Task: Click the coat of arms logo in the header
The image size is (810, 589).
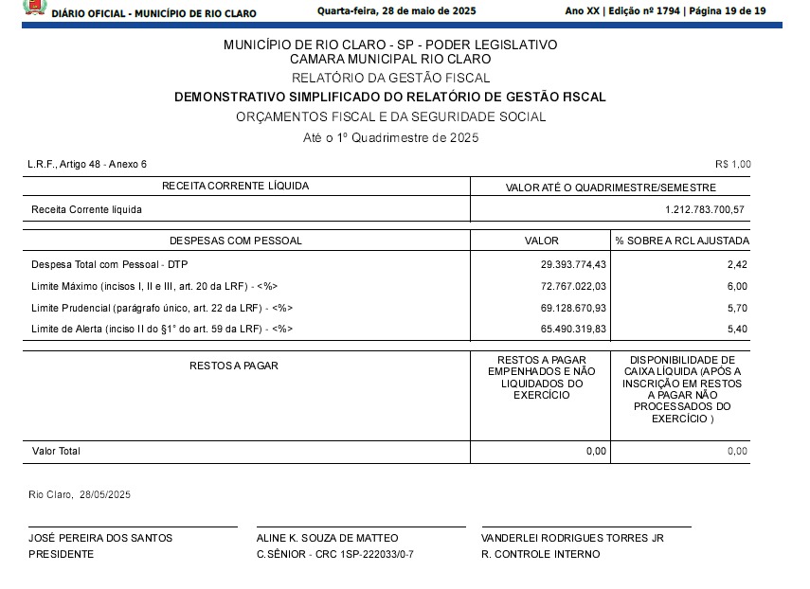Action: [x=34, y=9]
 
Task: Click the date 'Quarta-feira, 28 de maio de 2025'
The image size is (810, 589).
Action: [x=397, y=11]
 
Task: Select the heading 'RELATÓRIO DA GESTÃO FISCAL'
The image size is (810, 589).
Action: [x=390, y=78]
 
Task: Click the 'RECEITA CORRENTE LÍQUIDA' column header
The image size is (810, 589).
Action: [x=236, y=186]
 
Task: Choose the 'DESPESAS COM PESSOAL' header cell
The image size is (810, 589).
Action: [x=236, y=241]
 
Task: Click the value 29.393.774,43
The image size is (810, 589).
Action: [x=573, y=265]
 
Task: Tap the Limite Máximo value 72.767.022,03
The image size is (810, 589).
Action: [x=573, y=286]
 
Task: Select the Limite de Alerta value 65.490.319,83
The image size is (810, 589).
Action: [x=573, y=329]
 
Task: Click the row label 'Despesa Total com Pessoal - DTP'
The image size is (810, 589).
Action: [x=110, y=265]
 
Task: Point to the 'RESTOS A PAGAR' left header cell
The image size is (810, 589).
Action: [x=234, y=366]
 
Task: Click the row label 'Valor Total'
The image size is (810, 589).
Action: [x=56, y=452]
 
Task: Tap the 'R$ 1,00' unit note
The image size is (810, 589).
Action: [x=732, y=164]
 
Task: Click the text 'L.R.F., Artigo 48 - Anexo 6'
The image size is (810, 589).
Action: [x=87, y=164]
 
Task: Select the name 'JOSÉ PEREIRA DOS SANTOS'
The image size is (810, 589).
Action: [x=100, y=538]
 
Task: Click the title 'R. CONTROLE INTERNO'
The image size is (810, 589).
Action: [x=540, y=554]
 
